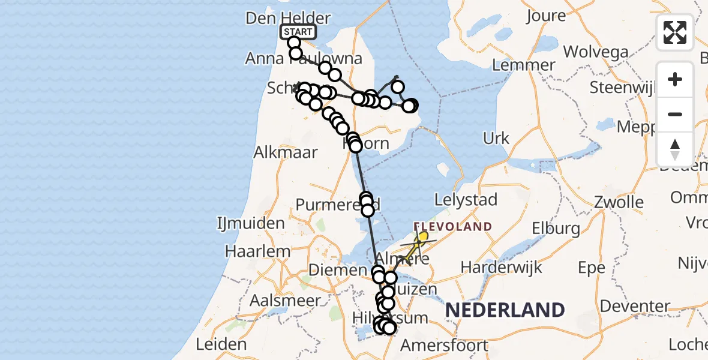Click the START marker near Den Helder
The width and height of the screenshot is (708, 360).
[x=298, y=32]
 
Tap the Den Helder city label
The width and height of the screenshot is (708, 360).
[x=280, y=17]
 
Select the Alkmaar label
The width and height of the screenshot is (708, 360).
[x=285, y=152]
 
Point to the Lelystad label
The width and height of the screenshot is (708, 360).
[x=466, y=200]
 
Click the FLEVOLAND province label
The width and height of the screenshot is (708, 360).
[x=453, y=227]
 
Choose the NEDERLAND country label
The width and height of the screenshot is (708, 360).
[x=505, y=310]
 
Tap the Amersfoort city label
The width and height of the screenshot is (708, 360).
[x=443, y=346]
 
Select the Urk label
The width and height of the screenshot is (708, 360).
[x=496, y=138]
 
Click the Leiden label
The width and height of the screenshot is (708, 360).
[x=221, y=344]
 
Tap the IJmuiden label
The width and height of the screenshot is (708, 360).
[x=251, y=224]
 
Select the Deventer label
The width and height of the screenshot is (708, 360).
[x=635, y=306]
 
